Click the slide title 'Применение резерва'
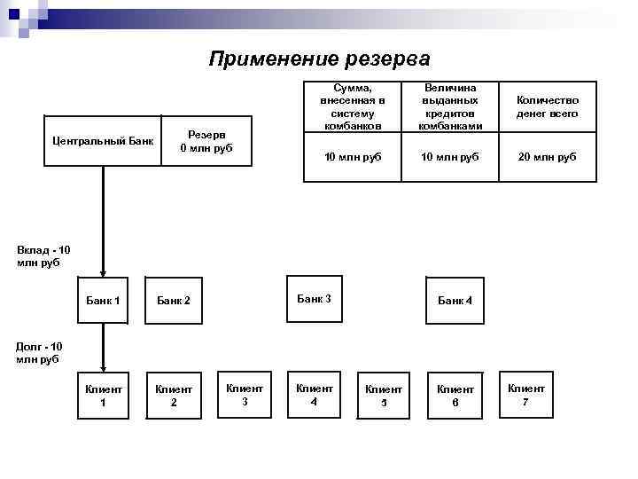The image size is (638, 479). (319, 59)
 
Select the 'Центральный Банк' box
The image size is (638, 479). (103, 141)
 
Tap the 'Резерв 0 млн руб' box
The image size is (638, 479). (206, 141)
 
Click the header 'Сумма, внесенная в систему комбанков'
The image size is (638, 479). (353, 107)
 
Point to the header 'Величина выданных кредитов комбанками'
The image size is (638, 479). (450, 107)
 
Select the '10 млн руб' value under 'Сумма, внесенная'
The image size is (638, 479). (353, 157)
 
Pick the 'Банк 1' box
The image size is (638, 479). (103, 301)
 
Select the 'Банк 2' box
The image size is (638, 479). (174, 301)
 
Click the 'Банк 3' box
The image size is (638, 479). (314, 299)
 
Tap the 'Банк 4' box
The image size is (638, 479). (455, 301)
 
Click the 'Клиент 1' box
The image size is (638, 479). (103, 395)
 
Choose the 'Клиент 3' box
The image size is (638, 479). (245, 394)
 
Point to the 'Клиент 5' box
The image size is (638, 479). (384, 395)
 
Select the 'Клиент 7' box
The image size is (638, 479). (525, 394)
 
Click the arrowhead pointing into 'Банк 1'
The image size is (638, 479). (103, 272)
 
